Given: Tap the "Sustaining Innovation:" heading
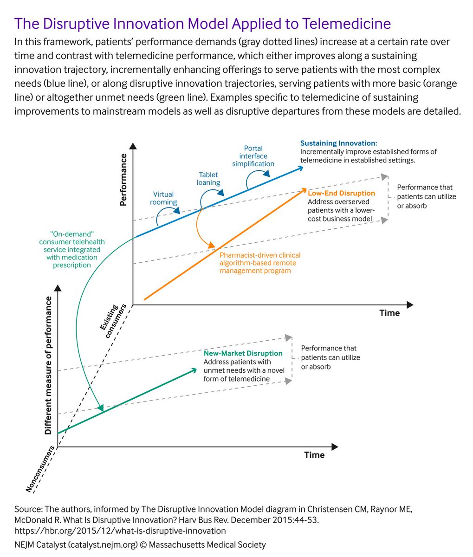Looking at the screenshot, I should coord(338,143).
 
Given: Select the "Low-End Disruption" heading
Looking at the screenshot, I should coord(341,193).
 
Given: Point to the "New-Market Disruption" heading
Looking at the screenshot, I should coord(243,354).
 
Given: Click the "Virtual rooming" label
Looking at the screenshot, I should coord(163,198).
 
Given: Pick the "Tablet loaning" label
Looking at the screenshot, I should coord(208,179).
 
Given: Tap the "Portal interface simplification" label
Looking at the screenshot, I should coord(253,156).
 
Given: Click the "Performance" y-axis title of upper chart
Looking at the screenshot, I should coord(123,179).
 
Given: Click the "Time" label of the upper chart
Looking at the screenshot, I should coord(389,313).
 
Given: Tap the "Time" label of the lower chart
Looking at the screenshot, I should coord(314,455).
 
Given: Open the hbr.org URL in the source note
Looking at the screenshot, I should coord(120,531).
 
